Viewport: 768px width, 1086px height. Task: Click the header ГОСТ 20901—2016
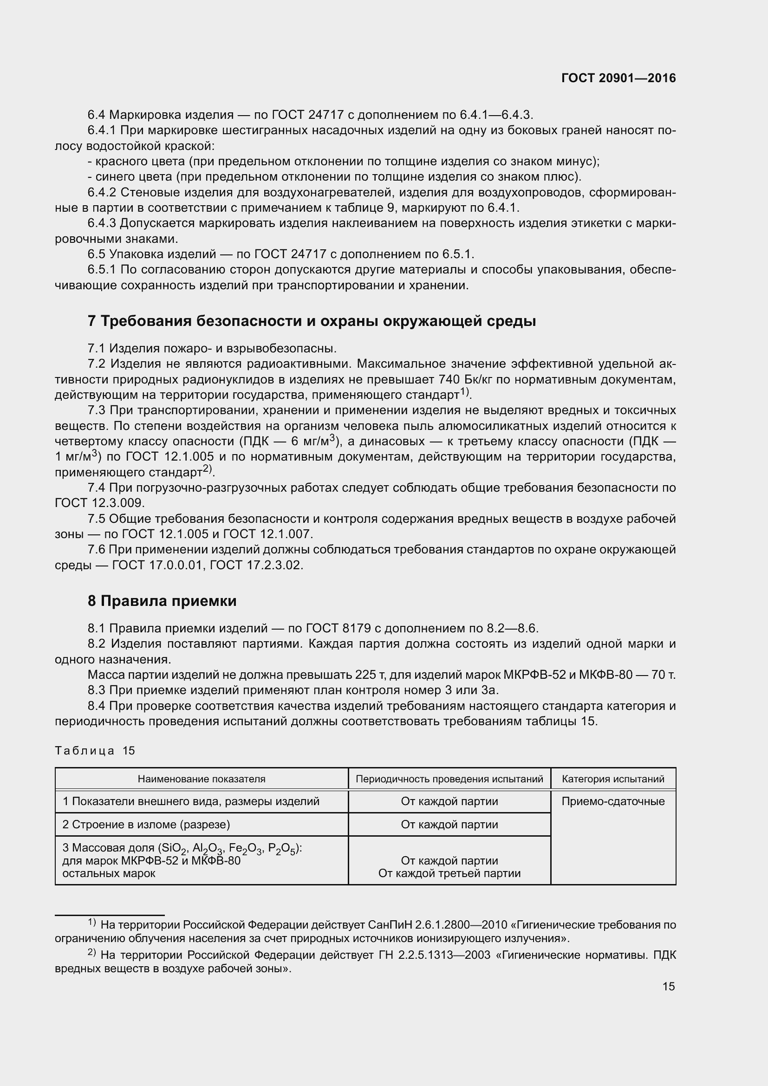coord(618,78)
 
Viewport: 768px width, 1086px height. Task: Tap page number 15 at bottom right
coord(668,986)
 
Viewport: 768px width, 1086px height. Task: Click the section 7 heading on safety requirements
coord(312,321)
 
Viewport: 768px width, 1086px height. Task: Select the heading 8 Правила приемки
coord(162,601)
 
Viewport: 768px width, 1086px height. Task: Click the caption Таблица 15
coord(95,751)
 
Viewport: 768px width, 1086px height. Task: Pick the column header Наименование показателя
coord(202,779)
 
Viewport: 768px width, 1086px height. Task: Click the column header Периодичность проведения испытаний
coord(449,779)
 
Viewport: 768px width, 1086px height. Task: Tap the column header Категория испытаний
coord(613,779)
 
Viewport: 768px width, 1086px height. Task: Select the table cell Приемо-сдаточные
coord(613,801)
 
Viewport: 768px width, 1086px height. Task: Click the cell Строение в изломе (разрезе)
coord(146,825)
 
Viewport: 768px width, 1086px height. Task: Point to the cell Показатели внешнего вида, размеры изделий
coord(191,801)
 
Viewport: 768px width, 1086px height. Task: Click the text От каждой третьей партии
coord(449,873)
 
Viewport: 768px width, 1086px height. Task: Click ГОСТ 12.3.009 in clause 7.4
coord(99,503)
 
